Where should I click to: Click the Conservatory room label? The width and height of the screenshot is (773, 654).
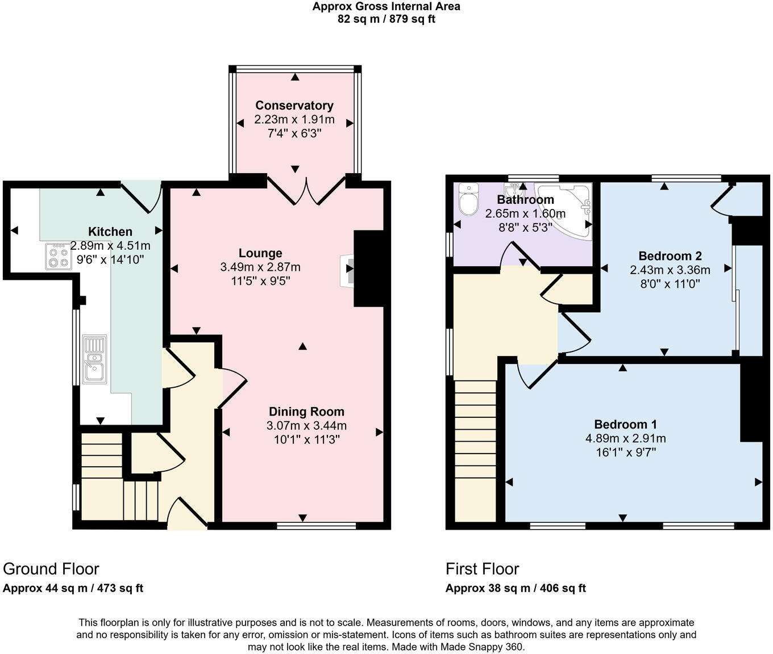pyautogui.click(x=294, y=106)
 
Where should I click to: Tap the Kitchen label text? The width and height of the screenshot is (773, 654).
pyautogui.click(x=110, y=232)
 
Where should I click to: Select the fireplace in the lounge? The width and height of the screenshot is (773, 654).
pyautogui.click(x=348, y=270)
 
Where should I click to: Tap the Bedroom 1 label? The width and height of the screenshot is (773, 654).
pyautogui.click(x=625, y=425)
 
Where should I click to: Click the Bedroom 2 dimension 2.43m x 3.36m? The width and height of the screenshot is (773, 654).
pyautogui.click(x=670, y=270)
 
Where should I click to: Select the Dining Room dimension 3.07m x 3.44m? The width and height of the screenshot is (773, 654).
pyautogui.click(x=306, y=426)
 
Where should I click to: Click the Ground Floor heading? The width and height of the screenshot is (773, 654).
pyautogui.click(x=51, y=569)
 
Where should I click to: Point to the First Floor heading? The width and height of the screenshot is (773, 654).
pyautogui.click(x=482, y=569)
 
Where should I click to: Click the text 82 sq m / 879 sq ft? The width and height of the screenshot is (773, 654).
pyautogui.click(x=386, y=19)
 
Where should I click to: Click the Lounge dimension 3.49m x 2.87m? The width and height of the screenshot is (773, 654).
pyautogui.click(x=260, y=267)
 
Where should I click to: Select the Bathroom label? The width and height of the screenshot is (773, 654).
pyautogui.click(x=525, y=200)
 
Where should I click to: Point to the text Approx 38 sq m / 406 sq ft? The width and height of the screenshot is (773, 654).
pyautogui.click(x=516, y=588)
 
